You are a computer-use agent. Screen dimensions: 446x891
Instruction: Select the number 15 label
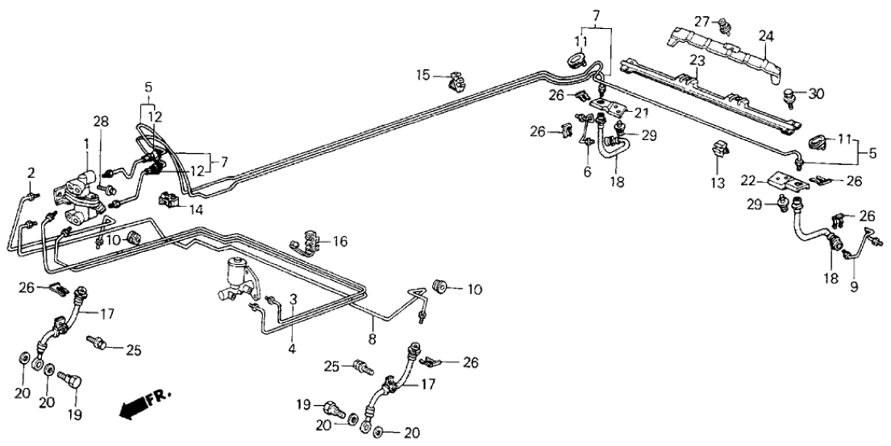pyautogui.click(x=423, y=76)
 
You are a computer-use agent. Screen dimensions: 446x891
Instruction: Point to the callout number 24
pyautogui.click(x=765, y=35)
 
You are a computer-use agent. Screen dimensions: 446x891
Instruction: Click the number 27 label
pyautogui.click(x=702, y=21)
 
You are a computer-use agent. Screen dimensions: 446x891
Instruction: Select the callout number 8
pyautogui.click(x=372, y=327)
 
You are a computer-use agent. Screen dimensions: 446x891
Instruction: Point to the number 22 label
pyautogui.click(x=747, y=180)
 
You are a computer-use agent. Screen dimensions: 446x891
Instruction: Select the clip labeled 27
pyautogui.click(x=723, y=24)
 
